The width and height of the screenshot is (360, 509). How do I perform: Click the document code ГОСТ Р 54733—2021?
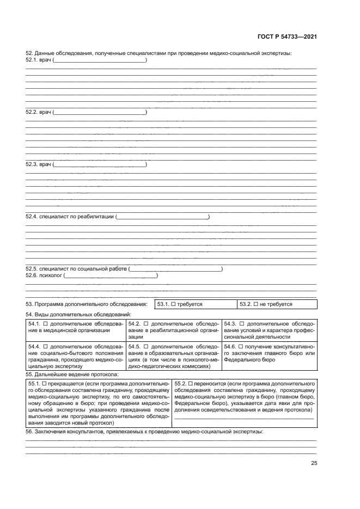pyautogui.click(x=287, y=36)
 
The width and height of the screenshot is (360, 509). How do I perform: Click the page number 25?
pyautogui.click(x=314, y=463)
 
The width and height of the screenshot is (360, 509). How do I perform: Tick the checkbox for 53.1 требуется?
pyautogui.click(x=173, y=304)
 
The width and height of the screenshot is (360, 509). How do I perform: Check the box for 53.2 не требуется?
pyautogui.click(x=256, y=304)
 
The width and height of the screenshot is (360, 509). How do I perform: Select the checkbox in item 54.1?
pyautogui.click(x=46, y=323)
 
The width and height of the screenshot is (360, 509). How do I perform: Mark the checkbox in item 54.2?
pyautogui.click(x=146, y=323)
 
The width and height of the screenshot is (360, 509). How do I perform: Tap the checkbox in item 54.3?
pyautogui.click(x=242, y=323)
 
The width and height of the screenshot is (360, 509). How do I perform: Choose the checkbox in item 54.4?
pyautogui.click(x=46, y=346)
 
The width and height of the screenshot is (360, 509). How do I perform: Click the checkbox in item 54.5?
pyautogui.click(x=146, y=346)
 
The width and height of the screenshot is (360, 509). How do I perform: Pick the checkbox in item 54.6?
pyautogui.click(x=242, y=346)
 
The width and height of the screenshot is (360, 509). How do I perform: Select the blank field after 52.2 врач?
pyautogui.click(x=101, y=113)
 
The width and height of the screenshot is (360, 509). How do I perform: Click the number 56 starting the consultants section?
pyautogui.click(x=29, y=431)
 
